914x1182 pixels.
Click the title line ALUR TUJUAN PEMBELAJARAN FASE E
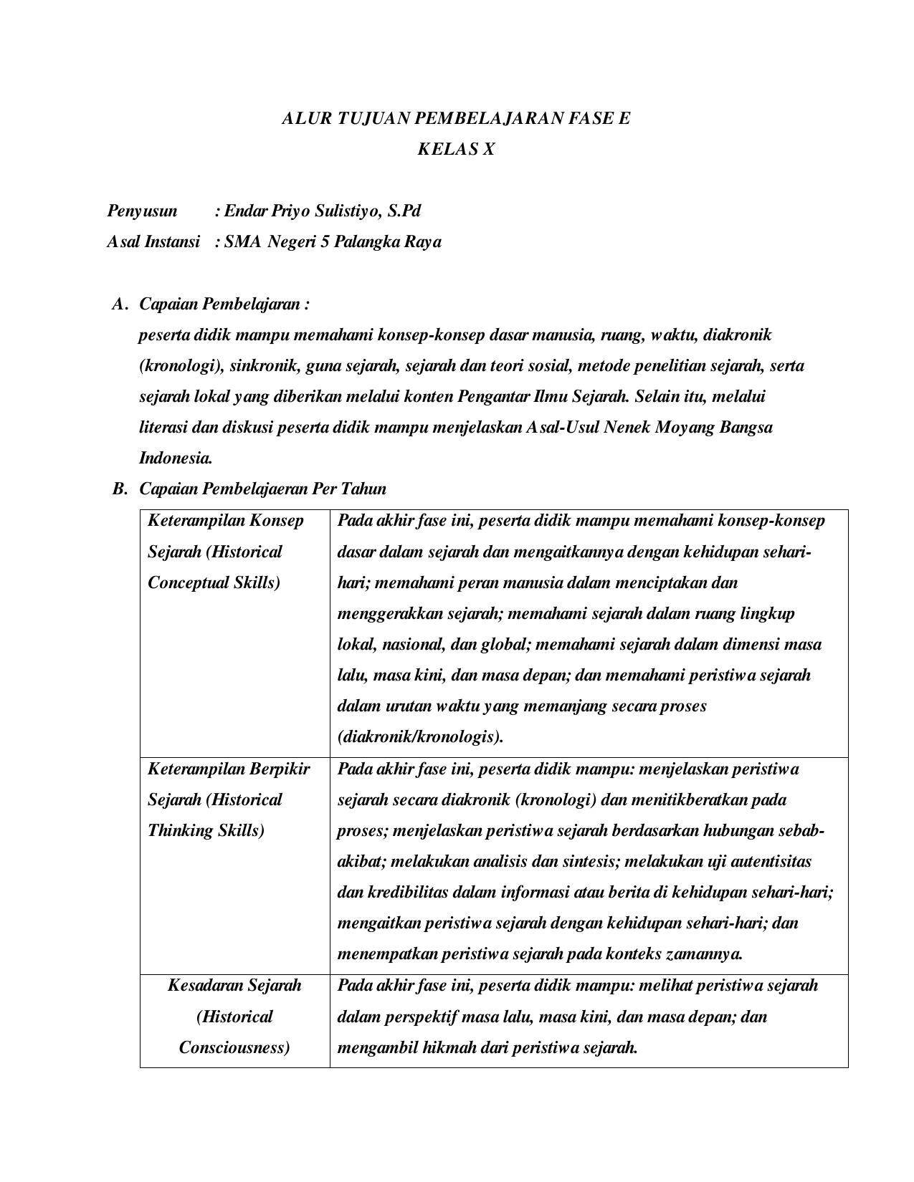(x=456, y=118)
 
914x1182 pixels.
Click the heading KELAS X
(x=456, y=149)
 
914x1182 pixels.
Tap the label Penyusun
(x=142, y=211)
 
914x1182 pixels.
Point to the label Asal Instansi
(x=153, y=241)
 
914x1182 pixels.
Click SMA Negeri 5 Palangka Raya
(x=333, y=241)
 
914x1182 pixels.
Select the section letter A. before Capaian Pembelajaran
(x=120, y=304)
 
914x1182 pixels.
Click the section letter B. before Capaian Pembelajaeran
(x=120, y=489)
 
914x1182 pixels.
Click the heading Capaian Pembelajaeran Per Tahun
(x=262, y=489)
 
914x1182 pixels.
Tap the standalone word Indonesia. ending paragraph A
(x=176, y=458)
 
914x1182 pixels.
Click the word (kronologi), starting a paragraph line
(x=181, y=366)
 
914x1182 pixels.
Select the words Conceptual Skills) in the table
(x=214, y=582)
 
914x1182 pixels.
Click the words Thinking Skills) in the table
(x=206, y=830)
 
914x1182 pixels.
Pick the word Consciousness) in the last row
(x=234, y=1047)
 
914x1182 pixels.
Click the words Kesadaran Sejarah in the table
(x=234, y=985)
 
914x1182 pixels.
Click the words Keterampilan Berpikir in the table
(x=229, y=769)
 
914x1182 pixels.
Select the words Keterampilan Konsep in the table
(x=226, y=520)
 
